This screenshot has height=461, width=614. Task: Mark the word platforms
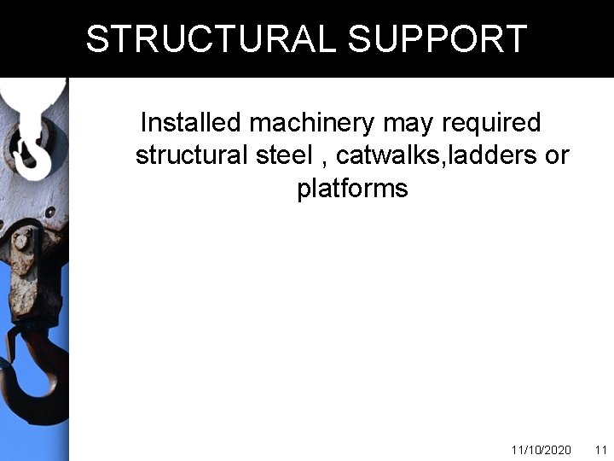tap(352, 189)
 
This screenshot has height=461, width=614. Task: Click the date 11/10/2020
tap(541, 450)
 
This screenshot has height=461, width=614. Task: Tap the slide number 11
tap(600, 450)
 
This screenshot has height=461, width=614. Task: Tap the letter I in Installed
tap(143, 123)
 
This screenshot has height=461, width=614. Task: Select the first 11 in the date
tap(516, 450)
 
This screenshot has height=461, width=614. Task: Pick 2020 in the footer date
tap(558, 450)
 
